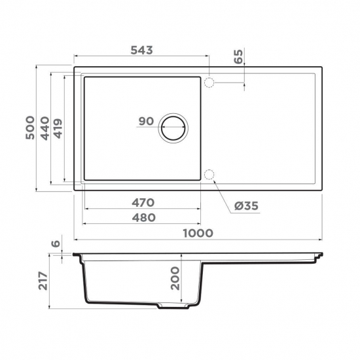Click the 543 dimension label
tap(141, 50)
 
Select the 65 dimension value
tap(238, 56)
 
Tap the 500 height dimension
tap(30, 128)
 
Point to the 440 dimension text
tap(45, 128)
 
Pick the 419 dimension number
tap(58, 128)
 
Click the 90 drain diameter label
tap(146, 121)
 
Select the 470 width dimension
tap(143, 202)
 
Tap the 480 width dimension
tap(144, 217)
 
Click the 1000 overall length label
tap(198, 233)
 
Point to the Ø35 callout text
tap(246, 206)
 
